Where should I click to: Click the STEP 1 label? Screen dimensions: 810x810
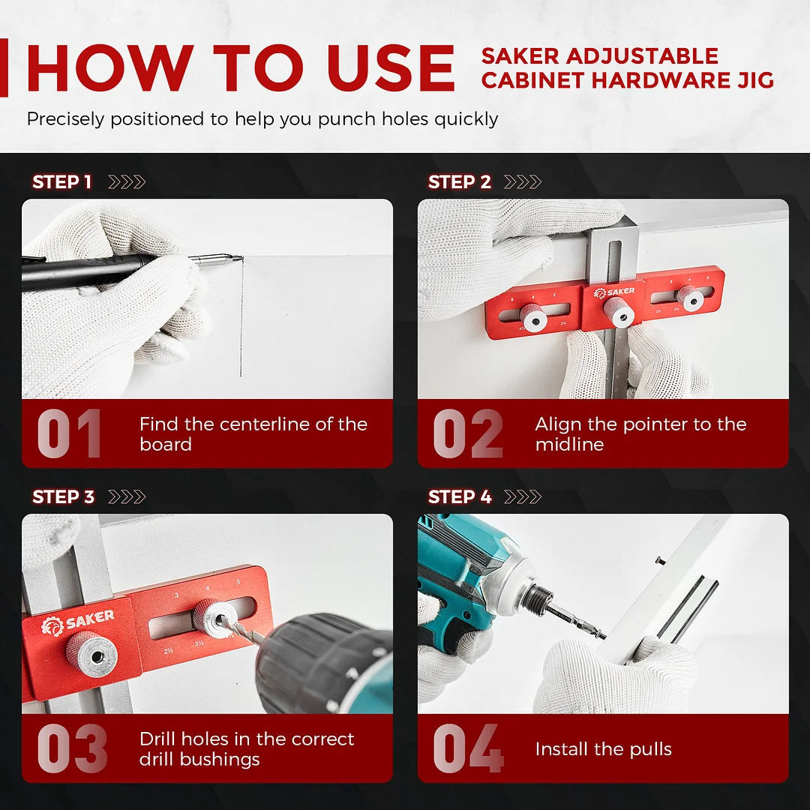click(x=61, y=182)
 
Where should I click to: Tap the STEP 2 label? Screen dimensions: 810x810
click(x=459, y=182)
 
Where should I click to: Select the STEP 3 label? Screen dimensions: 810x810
click(x=63, y=497)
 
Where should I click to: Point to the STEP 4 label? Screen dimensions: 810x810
click(x=460, y=497)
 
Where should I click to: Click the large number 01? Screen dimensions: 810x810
click(x=69, y=434)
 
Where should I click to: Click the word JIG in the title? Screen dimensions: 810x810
click(x=751, y=80)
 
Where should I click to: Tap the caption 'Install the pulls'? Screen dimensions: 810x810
click(x=603, y=749)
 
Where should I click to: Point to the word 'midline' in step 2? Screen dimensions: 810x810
click(x=569, y=445)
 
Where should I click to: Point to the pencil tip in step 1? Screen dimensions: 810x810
click(x=238, y=259)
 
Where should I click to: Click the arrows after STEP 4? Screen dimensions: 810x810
click(x=522, y=497)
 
